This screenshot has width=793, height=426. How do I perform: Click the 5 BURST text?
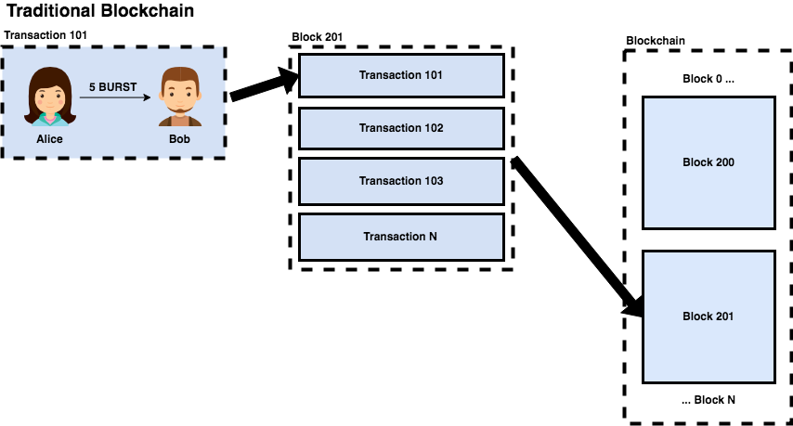(x=112, y=86)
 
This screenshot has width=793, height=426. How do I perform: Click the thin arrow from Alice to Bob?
(x=114, y=97)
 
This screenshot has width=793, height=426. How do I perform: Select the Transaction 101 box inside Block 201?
(x=400, y=75)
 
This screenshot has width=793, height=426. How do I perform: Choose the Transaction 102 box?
(x=400, y=128)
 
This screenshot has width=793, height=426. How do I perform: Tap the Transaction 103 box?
(x=400, y=181)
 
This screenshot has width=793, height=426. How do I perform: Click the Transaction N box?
(x=400, y=236)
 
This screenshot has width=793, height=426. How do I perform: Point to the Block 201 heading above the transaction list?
(x=318, y=37)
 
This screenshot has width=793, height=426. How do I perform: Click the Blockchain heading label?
(x=656, y=40)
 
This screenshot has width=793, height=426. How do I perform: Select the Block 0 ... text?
(x=708, y=79)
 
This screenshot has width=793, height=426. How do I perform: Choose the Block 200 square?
(x=708, y=162)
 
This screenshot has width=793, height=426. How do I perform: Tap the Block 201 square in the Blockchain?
(x=708, y=316)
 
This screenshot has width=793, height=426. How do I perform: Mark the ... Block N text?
(x=708, y=400)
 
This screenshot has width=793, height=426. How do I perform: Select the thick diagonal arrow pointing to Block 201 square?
(x=576, y=236)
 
